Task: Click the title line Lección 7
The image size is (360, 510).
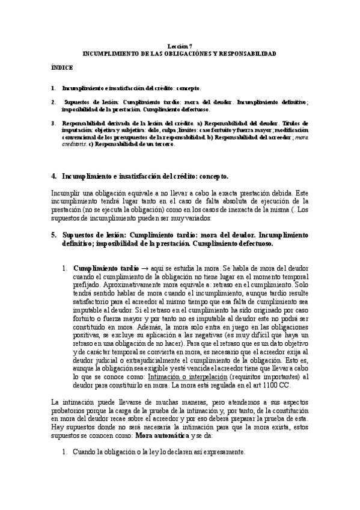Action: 180,46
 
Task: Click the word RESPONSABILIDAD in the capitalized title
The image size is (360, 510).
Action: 249,54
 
